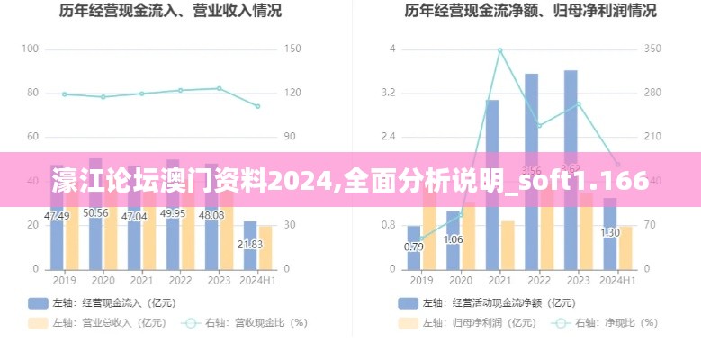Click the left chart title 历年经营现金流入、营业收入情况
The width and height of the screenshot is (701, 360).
(170, 12)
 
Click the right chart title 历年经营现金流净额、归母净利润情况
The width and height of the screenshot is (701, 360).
(530, 12)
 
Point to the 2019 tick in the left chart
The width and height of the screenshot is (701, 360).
(57, 281)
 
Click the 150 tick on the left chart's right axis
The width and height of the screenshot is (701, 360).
(292, 49)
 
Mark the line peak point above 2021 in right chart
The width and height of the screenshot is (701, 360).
(499, 50)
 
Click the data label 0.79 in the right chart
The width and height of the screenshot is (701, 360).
(414, 247)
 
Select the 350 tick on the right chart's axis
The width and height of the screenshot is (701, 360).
(653, 49)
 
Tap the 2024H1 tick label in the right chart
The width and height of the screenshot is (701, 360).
(617, 281)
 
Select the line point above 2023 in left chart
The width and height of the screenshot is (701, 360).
(220, 88)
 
